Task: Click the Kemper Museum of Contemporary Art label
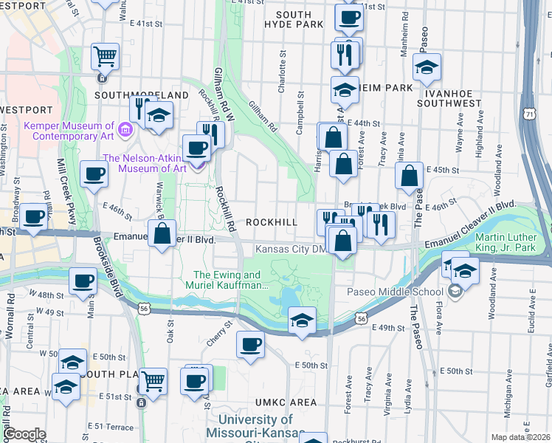click(69, 131)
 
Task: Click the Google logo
click(24, 434)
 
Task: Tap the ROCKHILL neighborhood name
click(272, 222)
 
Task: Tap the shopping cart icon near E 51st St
click(153, 381)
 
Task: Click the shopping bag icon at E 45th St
click(409, 176)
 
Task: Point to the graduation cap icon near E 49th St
click(301, 321)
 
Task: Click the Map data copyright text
click(520, 436)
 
